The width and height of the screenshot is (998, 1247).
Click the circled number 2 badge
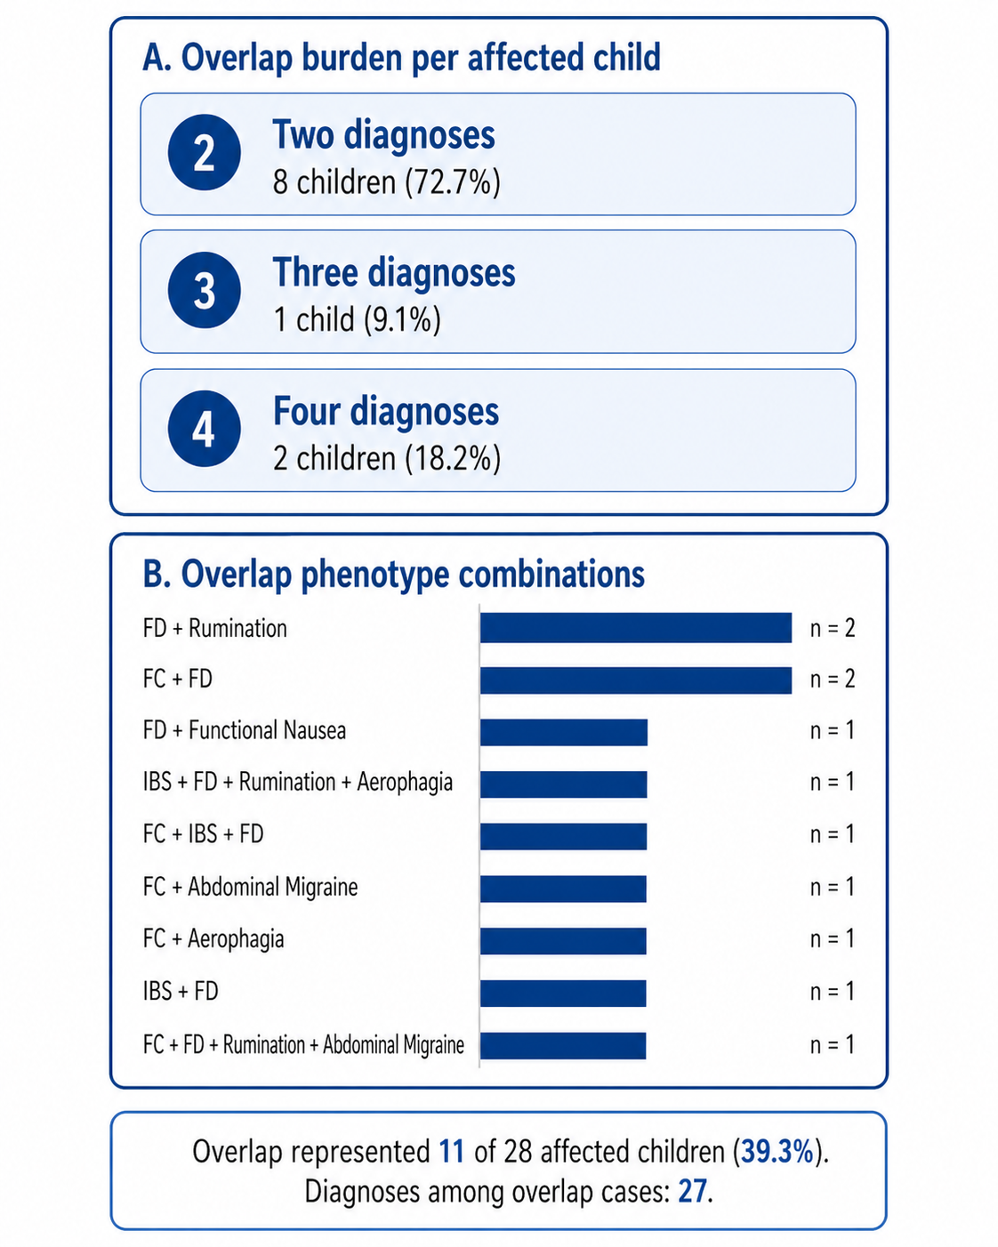[204, 152]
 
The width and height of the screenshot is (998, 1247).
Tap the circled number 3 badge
[204, 290]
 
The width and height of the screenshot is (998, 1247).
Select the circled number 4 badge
[204, 429]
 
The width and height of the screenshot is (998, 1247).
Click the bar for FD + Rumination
[636, 628]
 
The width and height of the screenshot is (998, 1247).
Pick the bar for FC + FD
[636, 680]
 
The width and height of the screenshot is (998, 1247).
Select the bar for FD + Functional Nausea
[564, 732]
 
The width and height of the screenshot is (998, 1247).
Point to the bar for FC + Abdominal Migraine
[563, 889]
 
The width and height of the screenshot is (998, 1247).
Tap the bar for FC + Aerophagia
[563, 940]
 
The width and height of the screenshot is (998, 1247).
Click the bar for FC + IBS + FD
[563, 836]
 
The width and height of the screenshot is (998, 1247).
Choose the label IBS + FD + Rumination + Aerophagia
[298, 783]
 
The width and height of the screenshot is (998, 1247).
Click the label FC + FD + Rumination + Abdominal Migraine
[303, 1045]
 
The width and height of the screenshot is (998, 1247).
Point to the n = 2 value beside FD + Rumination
[833, 628]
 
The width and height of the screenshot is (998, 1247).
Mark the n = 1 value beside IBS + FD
[833, 992]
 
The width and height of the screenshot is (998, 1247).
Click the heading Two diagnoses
[383, 134]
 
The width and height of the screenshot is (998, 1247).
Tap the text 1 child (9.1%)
[357, 319]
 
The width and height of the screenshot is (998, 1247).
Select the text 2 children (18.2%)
[387, 458]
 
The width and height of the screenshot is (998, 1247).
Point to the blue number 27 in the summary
[692, 1191]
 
